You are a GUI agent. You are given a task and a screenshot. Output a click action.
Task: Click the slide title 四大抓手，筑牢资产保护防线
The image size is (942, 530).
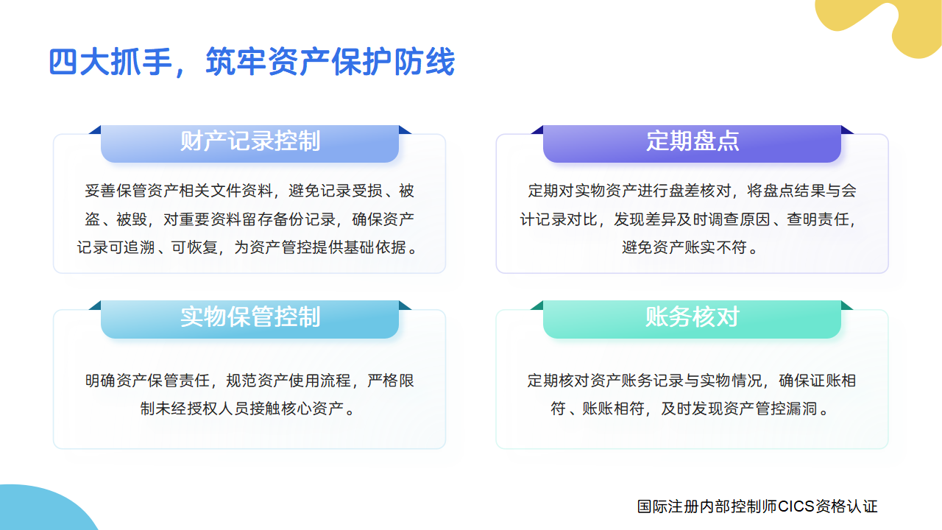[x=252, y=63]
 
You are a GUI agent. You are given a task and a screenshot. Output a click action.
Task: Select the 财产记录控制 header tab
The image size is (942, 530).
[x=250, y=141]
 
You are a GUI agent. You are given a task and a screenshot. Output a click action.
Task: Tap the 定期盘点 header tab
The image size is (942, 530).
[x=693, y=141]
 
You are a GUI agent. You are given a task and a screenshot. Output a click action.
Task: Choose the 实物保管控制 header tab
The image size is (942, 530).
[x=250, y=317]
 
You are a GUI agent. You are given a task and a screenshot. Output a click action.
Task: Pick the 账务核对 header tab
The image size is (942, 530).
[x=693, y=317]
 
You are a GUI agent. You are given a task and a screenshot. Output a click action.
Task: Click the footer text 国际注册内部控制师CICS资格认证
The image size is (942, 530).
[x=757, y=506]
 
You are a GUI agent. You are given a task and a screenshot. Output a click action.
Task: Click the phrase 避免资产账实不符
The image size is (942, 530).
[x=684, y=248]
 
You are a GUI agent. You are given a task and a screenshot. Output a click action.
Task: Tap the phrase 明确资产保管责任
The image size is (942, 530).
[x=149, y=381]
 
